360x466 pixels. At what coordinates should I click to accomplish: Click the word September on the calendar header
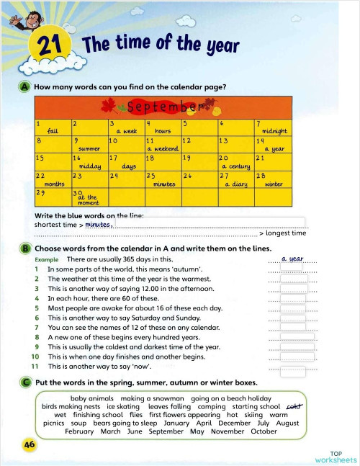tap(161, 108)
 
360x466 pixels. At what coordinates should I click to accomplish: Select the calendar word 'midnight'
tap(274, 132)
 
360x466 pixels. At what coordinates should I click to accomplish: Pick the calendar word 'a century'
tap(236, 166)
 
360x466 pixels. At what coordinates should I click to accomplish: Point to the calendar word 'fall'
tap(53, 132)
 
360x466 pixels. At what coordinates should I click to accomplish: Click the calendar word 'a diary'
tap(236, 184)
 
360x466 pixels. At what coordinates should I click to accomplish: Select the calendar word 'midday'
tap(89, 166)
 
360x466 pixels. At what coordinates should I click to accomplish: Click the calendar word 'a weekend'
tap(163, 149)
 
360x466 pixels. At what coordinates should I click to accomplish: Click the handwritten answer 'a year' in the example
tap(292, 258)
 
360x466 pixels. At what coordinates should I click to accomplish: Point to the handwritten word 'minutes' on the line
tap(97, 224)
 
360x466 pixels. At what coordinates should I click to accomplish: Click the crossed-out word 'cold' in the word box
tap(294, 406)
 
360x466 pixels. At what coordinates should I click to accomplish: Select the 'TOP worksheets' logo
tap(335, 456)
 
